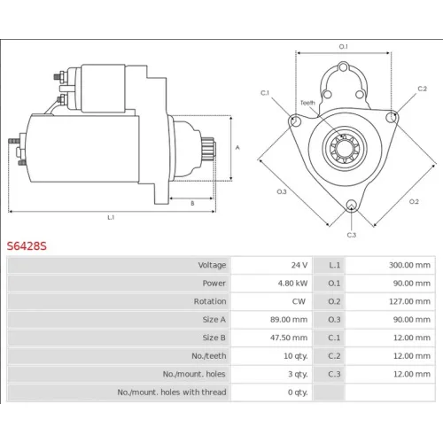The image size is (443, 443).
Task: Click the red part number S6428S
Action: tap(27, 245)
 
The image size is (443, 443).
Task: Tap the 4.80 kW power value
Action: tap(292, 284)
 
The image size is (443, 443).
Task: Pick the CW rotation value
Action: tap(299, 301)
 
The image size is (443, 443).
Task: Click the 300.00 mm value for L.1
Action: tap(409, 265)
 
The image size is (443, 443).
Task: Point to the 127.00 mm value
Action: tap(409, 301)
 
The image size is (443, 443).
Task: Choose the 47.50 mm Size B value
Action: tap(289, 338)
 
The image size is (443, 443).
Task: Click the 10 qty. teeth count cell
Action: tap(295, 356)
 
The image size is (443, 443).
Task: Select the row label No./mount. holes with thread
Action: tap(172, 392)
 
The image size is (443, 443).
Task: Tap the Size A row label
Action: tap(214, 320)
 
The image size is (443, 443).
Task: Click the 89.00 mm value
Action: tap(289, 320)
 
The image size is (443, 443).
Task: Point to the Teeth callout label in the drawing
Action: tap(307, 103)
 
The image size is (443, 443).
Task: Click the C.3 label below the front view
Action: tap(352, 235)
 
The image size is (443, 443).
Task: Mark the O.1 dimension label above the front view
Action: tap(343, 46)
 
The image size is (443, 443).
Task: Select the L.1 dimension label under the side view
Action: tap(111, 218)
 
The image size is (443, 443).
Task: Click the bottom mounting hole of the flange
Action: tap(351, 205)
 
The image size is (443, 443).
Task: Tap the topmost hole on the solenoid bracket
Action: tap(343, 67)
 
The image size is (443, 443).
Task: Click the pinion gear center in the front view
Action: tap(345, 149)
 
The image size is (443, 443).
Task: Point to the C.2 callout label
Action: tap(423, 89)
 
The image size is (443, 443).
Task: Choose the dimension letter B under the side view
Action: tap(192, 204)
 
